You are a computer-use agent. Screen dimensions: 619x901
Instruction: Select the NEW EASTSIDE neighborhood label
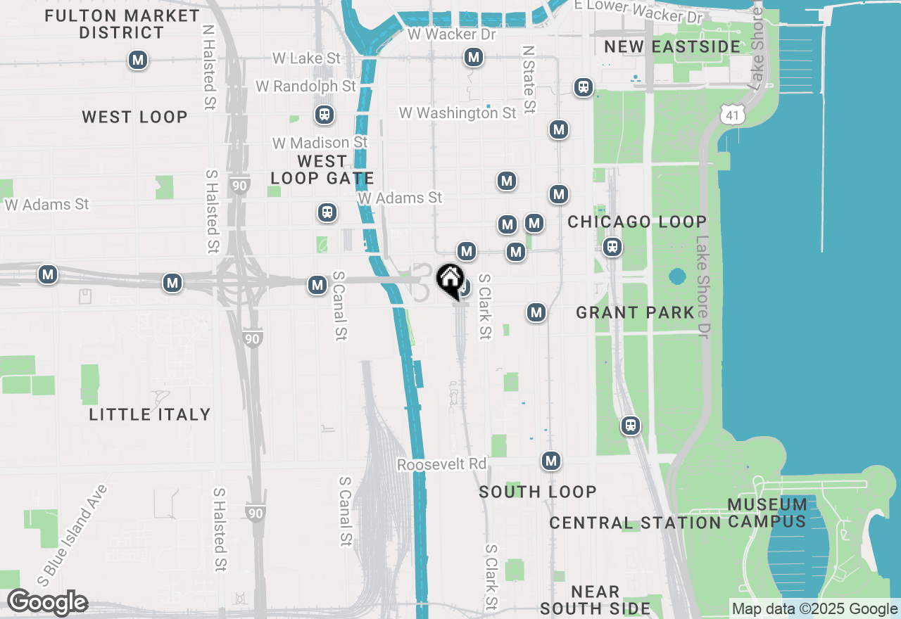[672, 47]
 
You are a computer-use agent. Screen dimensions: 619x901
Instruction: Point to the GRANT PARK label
[636, 312]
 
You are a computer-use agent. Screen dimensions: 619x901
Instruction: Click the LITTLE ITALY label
[150, 414]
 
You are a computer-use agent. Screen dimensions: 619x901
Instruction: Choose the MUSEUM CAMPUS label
[767, 513]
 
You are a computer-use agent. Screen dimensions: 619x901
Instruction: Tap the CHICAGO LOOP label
[637, 222]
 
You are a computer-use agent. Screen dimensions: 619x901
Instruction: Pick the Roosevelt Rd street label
[442, 464]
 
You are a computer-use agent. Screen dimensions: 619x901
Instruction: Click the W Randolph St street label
[306, 86]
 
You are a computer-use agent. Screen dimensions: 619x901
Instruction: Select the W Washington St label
[458, 113]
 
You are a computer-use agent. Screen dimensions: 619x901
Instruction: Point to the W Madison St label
[320, 143]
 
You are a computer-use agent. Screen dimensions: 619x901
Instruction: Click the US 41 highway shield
[733, 113]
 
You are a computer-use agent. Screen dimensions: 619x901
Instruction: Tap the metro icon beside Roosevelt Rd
[551, 461]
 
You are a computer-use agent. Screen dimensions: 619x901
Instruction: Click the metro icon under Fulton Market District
[138, 60]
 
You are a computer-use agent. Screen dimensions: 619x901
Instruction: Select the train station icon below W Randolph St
[325, 114]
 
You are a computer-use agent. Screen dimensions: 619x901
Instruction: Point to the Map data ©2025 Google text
[814, 609]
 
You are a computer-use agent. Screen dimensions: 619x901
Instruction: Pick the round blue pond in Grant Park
[677, 276]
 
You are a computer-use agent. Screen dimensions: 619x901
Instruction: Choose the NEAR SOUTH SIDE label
[595, 600]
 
